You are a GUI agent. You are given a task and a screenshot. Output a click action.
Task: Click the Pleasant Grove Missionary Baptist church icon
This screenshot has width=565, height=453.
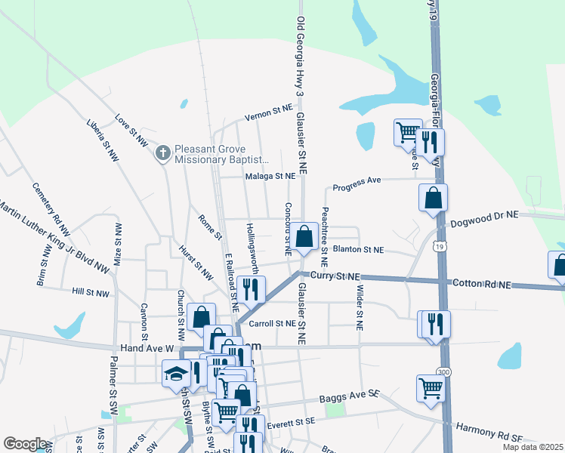pyautogui.click(x=162, y=154)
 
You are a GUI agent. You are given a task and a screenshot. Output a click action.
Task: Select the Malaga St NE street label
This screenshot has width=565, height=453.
pyautogui.click(x=269, y=176)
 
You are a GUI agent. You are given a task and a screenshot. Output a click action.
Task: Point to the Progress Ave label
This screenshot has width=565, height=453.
pyautogui.click(x=357, y=183)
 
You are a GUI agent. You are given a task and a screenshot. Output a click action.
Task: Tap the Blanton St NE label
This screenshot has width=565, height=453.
pyautogui.click(x=358, y=249)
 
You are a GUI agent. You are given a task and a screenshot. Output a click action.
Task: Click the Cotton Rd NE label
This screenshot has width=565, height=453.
pyautogui.click(x=482, y=284)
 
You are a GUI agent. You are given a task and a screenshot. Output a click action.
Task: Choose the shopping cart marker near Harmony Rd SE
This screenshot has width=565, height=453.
pyautogui.click(x=431, y=389)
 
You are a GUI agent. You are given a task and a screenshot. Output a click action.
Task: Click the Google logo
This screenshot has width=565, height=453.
pyautogui.click(x=25, y=444)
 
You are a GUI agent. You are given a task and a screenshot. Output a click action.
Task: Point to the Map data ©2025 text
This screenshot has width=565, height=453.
pyautogui.click(x=532, y=447)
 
